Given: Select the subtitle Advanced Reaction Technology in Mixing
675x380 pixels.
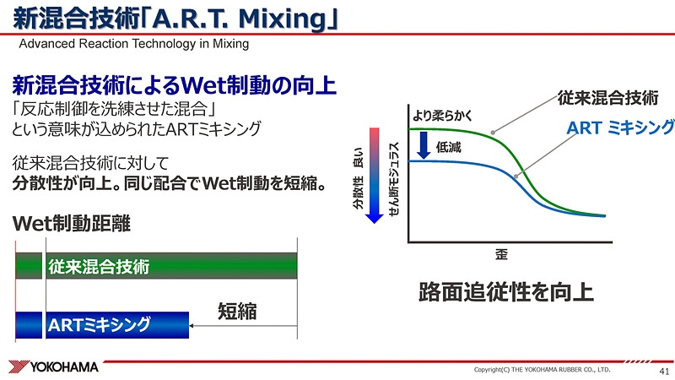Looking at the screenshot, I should coord(133,44).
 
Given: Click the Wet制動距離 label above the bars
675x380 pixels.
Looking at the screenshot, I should coord(73,225).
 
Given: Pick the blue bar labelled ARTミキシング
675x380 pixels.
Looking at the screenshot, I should coord(101,324).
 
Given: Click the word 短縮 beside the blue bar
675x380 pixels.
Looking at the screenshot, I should coord(237,310).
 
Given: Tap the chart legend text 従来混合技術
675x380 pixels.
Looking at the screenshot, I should coord(607,97).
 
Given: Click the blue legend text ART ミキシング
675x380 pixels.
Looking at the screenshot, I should coord(620,128).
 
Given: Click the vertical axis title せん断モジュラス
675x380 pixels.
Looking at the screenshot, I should coord(394,177).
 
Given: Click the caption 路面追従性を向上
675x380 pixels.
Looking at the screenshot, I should coord(506,292).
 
